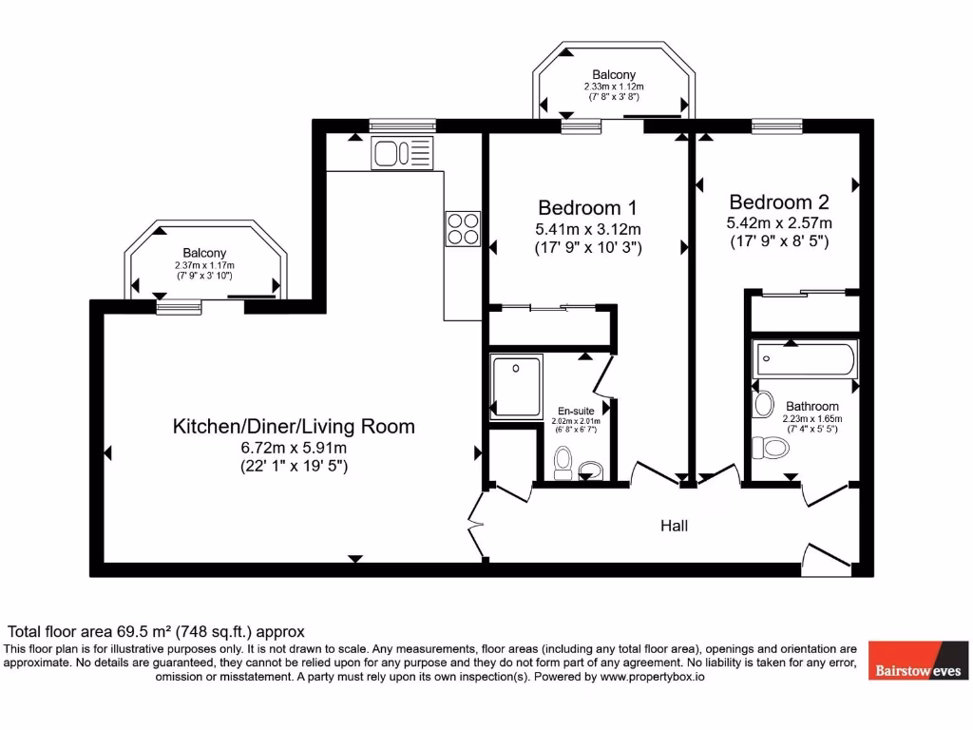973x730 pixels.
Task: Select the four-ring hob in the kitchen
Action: point(463,228)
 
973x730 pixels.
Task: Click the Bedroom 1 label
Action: point(587,207)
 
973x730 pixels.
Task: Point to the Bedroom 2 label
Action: point(779,202)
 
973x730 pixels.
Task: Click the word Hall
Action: point(675,526)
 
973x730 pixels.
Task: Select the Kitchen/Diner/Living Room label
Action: point(293,426)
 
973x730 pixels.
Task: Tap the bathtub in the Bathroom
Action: point(806,359)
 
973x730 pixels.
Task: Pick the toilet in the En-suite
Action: point(563,462)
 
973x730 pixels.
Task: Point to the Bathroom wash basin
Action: point(762,405)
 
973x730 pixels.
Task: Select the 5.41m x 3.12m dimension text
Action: point(587,229)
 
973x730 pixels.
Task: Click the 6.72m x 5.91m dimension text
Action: point(293,448)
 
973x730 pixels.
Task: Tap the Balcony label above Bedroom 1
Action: point(614,74)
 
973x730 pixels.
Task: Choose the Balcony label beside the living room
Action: point(204,253)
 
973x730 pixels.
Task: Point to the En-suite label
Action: point(576,412)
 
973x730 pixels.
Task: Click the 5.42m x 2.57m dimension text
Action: point(779,223)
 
